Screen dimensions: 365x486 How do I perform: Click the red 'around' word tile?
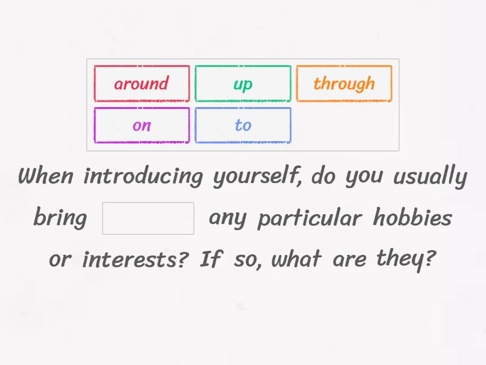click(142, 83)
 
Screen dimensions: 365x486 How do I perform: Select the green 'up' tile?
click(243, 83)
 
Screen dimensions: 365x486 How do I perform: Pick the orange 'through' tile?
click(344, 83)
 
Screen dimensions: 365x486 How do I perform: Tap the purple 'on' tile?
click(142, 125)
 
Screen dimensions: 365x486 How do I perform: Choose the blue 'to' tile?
click(243, 125)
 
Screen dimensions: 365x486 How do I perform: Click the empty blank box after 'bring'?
click(148, 218)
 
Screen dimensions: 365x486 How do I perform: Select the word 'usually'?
click(430, 178)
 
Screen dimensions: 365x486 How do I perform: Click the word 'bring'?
click(60, 218)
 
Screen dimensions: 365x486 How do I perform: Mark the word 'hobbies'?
click(412, 217)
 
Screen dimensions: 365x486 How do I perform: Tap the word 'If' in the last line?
click(210, 259)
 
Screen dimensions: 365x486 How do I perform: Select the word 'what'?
click(296, 260)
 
